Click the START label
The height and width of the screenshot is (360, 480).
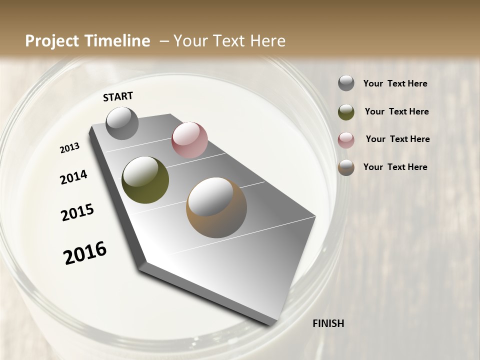click(x=118, y=96)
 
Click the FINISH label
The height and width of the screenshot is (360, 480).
click(x=328, y=323)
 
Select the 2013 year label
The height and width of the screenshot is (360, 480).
click(x=69, y=148)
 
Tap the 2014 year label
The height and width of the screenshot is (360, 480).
click(x=73, y=177)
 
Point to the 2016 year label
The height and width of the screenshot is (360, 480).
click(x=85, y=253)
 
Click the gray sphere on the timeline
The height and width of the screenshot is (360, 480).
click(x=122, y=123)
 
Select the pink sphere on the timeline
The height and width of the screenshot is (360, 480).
click(x=189, y=140)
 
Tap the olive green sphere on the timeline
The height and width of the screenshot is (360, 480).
click(x=145, y=180)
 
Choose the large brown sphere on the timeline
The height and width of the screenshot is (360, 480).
click(x=216, y=207)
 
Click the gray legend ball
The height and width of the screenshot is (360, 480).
click(x=346, y=83)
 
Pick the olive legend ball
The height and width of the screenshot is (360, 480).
click(x=346, y=112)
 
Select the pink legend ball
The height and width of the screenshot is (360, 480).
click(x=346, y=140)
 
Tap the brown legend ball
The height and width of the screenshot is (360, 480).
click(x=346, y=167)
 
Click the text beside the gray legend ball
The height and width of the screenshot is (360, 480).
click(x=395, y=84)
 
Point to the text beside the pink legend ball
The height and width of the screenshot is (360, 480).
click(x=397, y=139)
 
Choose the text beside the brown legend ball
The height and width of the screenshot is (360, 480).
click(x=395, y=167)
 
